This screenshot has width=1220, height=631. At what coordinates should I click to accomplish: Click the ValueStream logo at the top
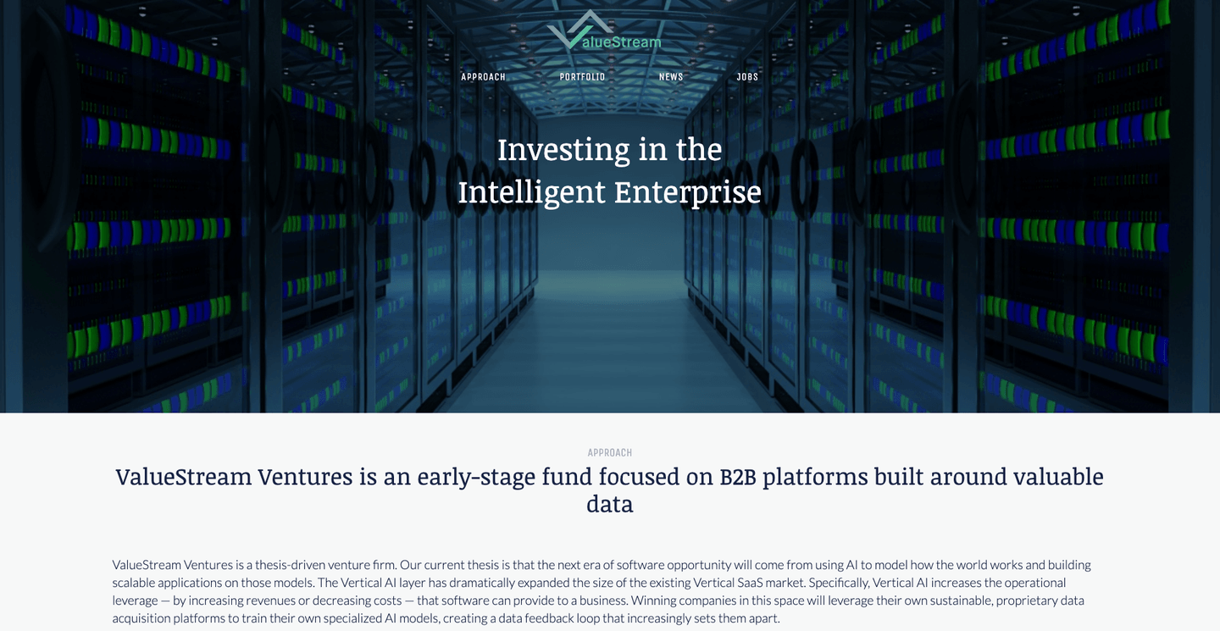tap(604, 33)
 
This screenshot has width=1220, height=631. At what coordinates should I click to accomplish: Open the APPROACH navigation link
tap(483, 77)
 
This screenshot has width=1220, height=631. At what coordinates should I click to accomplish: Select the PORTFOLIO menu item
tap(582, 77)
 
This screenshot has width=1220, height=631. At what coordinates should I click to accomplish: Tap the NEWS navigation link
tap(671, 77)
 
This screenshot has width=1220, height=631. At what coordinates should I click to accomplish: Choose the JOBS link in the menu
tap(747, 77)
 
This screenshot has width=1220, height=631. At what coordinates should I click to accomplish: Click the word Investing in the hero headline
tap(563, 150)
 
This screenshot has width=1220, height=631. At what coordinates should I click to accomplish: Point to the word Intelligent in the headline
tap(531, 192)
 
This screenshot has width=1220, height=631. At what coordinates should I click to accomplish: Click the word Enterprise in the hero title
tap(687, 192)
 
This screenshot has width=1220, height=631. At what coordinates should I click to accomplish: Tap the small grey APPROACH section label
tap(610, 453)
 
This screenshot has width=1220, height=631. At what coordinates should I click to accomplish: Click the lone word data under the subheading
tap(610, 505)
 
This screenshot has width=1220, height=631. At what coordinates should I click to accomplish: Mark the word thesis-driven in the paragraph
tap(291, 565)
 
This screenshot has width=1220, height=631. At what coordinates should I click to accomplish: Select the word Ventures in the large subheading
tap(305, 477)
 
